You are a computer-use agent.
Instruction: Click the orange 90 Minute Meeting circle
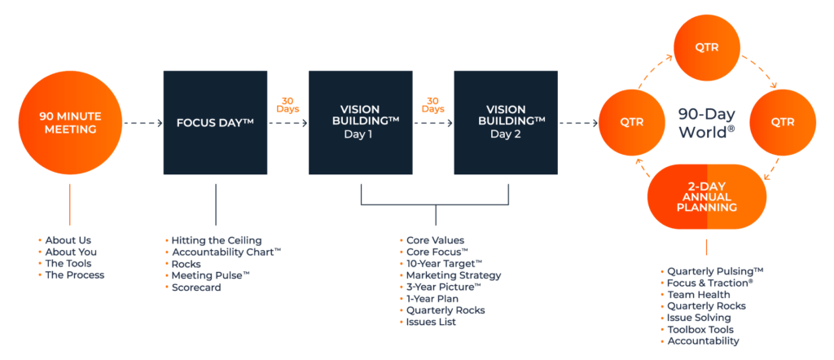(69, 123)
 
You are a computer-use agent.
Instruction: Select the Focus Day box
(215, 123)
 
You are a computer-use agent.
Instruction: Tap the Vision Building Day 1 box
(360, 123)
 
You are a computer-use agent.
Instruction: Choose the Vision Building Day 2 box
(506, 123)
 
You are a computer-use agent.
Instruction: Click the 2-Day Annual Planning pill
(707, 196)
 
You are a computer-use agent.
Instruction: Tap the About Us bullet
(68, 240)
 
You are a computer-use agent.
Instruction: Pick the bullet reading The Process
(75, 274)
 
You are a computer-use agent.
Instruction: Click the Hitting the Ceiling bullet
(216, 240)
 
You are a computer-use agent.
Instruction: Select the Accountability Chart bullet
(225, 252)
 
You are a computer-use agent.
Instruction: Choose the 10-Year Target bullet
(444, 264)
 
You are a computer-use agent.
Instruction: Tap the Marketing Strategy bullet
(454, 275)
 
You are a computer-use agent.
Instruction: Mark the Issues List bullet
(432, 323)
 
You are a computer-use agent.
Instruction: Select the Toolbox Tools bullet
(700, 330)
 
